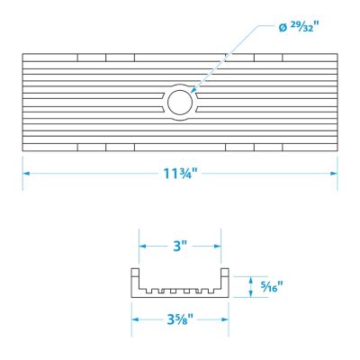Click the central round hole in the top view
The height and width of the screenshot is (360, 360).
[180, 103]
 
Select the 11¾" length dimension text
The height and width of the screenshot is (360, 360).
[180, 174]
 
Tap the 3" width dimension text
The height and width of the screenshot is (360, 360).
[180, 247]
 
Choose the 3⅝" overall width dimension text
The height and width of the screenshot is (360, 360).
[180, 319]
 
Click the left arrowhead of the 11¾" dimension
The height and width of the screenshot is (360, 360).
[26, 174]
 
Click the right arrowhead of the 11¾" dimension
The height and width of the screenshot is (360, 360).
[334, 174]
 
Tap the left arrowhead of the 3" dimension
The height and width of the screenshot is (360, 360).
[142, 247]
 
